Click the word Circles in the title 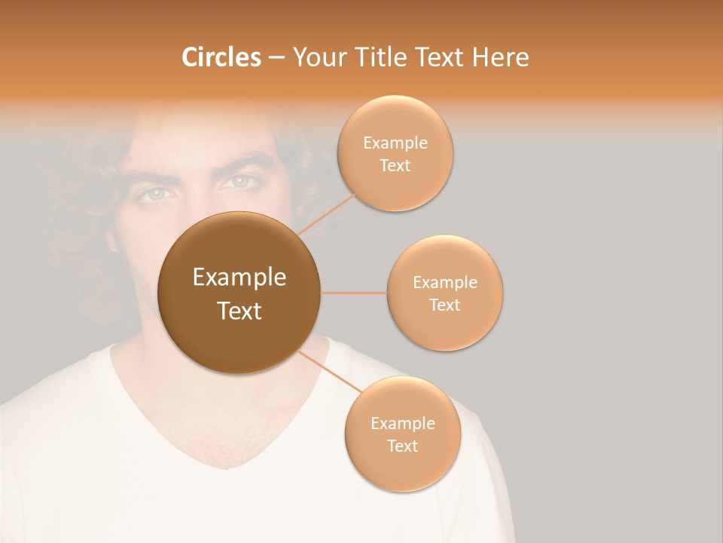(x=221, y=57)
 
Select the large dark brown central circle (x=239, y=293)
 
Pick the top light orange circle (x=395, y=153)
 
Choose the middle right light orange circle (x=445, y=293)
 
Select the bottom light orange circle (x=402, y=434)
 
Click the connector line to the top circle (x=328, y=214)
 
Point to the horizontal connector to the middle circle (x=353, y=293)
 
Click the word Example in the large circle (x=239, y=278)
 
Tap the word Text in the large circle (x=239, y=311)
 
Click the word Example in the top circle (x=395, y=143)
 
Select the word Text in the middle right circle (x=444, y=305)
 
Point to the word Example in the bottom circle (x=403, y=423)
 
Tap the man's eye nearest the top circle (x=240, y=182)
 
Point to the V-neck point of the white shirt (x=227, y=468)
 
